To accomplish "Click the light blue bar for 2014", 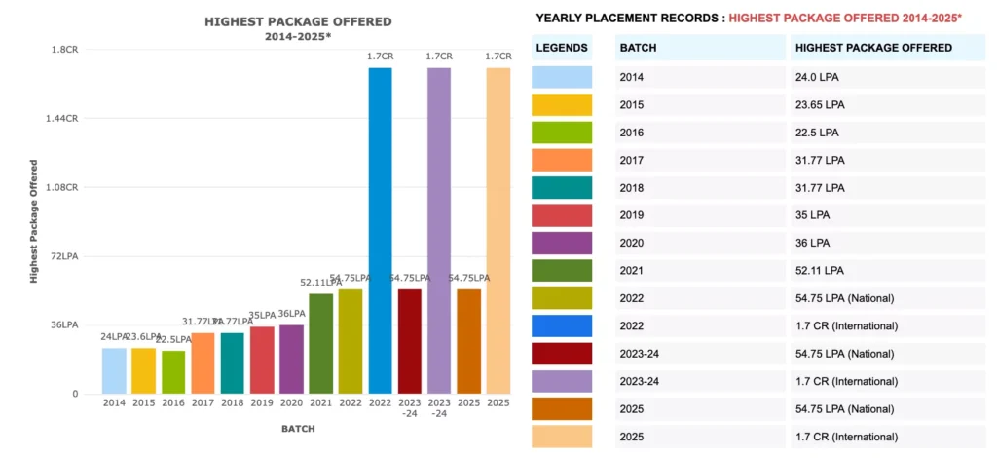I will (x=114, y=370).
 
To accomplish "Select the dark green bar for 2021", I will (x=320, y=343).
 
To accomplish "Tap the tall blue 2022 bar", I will (x=380, y=230).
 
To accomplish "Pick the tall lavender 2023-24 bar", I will (x=439, y=230).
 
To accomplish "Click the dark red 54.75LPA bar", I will (x=410, y=341).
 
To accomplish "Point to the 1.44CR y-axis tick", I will (x=64, y=118).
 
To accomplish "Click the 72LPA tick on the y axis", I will (x=64, y=256).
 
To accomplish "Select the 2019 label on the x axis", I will (x=262, y=402).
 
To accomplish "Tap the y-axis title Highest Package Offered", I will (x=34, y=222).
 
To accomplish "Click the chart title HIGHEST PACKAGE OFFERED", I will (x=298, y=21).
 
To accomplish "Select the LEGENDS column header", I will (x=563, y=48).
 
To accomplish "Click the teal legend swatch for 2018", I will (x=563, y=188).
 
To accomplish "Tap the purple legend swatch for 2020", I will (x=563, y=243).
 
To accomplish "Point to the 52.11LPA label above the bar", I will (x=320, y=283).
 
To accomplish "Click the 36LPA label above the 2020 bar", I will (x=292, y=314).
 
